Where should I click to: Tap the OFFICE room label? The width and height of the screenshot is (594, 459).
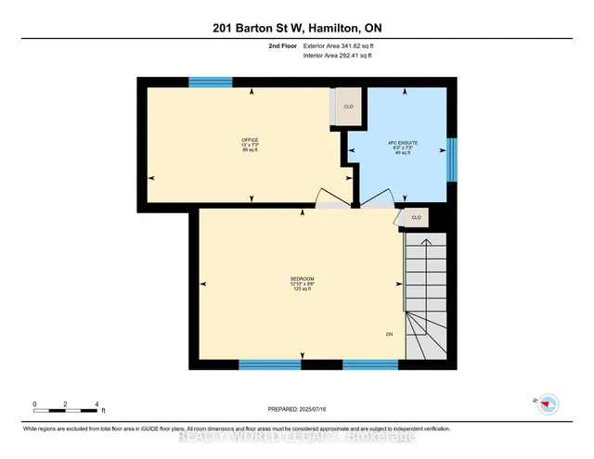(250, 140)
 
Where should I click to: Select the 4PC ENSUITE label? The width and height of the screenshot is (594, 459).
(403, 143)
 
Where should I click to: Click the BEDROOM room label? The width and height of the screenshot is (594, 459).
(302, 279)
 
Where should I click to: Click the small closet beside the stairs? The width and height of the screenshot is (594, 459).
(416, 218)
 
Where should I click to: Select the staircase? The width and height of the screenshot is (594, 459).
(426, 297)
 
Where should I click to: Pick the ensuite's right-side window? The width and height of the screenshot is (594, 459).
(452, 159)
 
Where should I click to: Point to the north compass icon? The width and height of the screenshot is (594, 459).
(548, 402)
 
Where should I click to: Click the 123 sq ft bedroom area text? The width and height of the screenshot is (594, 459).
(302, 289)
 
